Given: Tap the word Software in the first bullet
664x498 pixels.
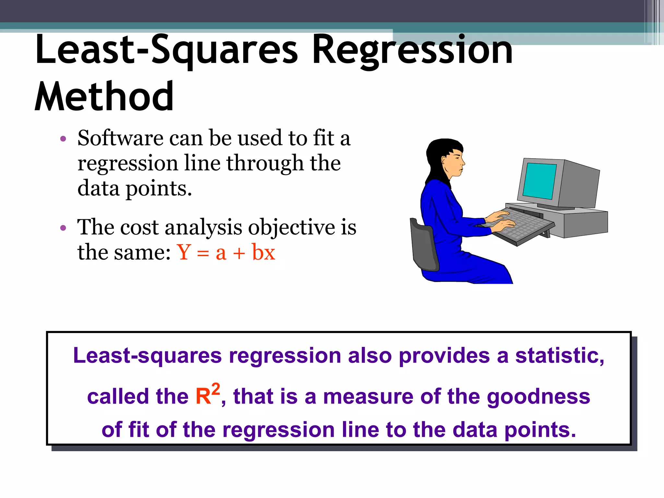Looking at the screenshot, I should pyautogui.click(x=120, y=138).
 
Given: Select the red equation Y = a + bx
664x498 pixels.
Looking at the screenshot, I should pyautogui.click(x=226, y=252).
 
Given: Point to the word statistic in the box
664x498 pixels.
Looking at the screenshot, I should pyautogui.click(x=560, y=356).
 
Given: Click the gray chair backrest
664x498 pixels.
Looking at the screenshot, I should pyautogui.click(x=423, y=246).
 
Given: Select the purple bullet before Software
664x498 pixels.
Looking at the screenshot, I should pyautogui.click(x=63, y=139).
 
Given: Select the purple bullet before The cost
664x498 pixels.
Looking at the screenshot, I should pyautogui.click(x=63, y=228).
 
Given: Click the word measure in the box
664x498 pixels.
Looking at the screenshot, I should pyautogui.click(x=368, y=397).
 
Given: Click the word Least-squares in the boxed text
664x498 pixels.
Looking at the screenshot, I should pyautogui.click(x=147, y=356).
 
